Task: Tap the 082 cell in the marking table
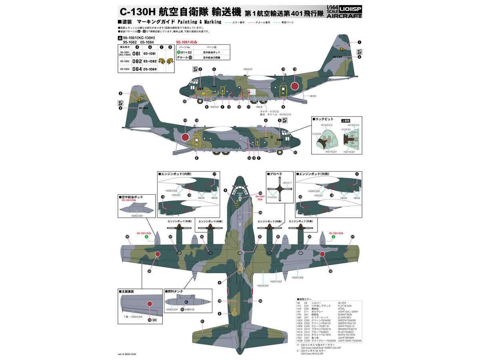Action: pyautogui.click(x=137, y=61)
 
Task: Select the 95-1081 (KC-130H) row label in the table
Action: pyautogui.click(x=125, y=53)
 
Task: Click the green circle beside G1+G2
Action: pyautogui.click(x=179, y=52)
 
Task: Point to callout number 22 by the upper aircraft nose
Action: pyautogui.click(x=185, y=101)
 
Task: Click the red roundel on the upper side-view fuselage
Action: pyautogui.click(x=295, y=85)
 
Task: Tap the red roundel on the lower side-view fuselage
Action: pyautogui.click(x=185, y=137)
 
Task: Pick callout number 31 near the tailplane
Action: pyautogui.click(x=202, y=321)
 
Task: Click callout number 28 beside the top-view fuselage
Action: pyautogui.click(x=260, y=212)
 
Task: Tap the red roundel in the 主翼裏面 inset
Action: pyautogui.click(x=149, y=304)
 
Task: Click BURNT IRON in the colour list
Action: pyautogui.click(x=345, y=315)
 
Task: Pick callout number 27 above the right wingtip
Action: pyautogui.click(x=352, y=237)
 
